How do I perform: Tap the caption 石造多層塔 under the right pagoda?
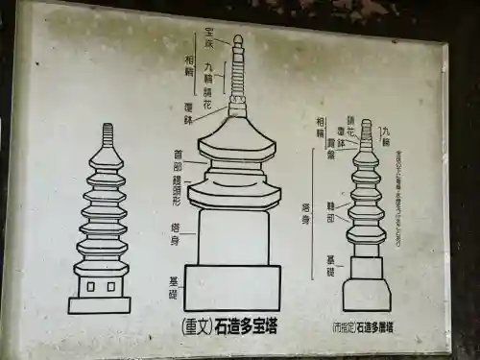tap(374, 327)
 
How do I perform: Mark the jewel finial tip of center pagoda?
tap(237, 40)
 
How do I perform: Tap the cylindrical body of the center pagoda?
tap(233, 236)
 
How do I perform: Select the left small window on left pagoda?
tap(91, 286)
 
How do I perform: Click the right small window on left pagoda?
tap(113, 286)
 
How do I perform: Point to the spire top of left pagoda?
tap(107, 131)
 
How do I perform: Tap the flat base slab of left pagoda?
tap(100, 305)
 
